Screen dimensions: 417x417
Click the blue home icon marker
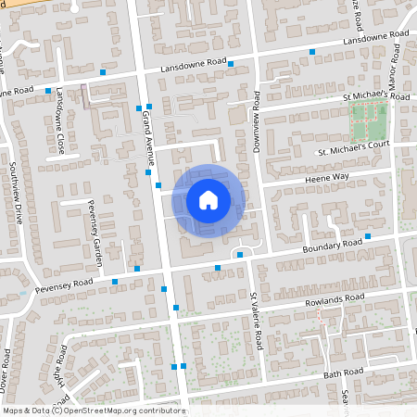[x=208, y=199]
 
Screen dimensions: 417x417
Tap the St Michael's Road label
[x=375, y=96]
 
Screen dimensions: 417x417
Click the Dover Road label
[x=6, y=366]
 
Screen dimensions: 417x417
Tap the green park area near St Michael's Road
[x=369, y=118]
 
